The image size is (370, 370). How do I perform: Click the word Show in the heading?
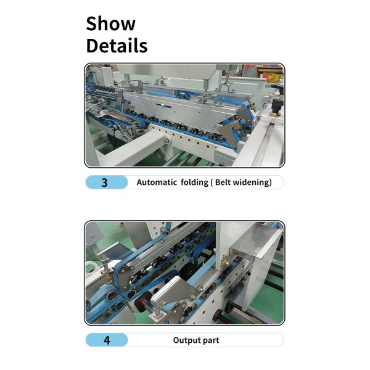point(110,23)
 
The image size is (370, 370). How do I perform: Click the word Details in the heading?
point(117,46)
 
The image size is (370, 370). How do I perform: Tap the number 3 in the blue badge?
point(104,183)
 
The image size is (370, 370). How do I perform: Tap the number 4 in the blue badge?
point(106,340)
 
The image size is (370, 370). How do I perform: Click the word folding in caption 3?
point(197,183)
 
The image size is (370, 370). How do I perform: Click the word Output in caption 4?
point(187,340)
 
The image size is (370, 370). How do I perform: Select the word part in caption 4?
point(211,340)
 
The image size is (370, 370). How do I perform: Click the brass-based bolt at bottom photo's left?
point(107,269)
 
